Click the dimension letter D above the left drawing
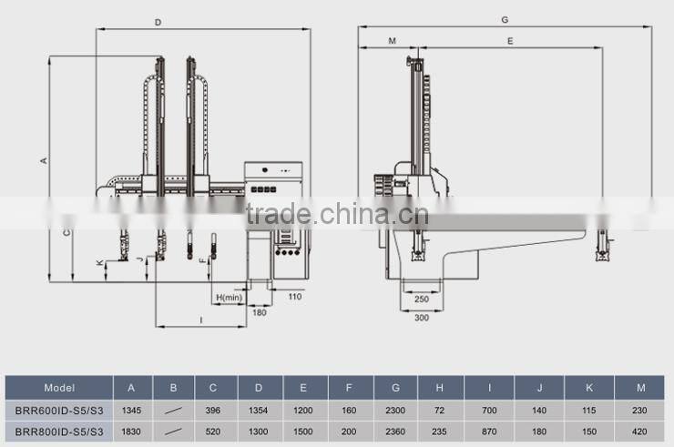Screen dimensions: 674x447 coord(158,23)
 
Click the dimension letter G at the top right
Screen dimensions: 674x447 coord(505,20)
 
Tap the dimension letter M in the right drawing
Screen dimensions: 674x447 coord(392,41)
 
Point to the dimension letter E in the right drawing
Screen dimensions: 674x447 coord(510,41)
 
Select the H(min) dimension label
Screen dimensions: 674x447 coord(230,298)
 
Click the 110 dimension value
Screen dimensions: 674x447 coord(295,297)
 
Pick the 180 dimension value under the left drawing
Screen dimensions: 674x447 coord(260,312)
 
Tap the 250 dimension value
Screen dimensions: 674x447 coord(422,299)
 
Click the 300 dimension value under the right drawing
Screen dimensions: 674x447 coord(422,318)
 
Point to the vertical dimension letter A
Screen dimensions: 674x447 coord(44,161)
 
